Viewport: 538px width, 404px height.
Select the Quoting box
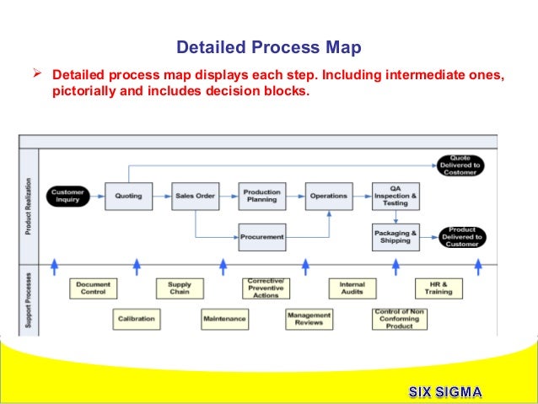[x=129, y=196]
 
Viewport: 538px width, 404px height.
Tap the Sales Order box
[x=195, y=196]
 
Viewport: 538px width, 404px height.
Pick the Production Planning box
[x=261, y=196]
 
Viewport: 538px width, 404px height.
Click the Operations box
[x=328, y=196]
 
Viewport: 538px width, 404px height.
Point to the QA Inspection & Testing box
[x=395, y=196]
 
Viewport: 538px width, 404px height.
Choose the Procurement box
[x=261, y=237]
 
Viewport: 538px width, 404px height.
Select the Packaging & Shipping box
[x=395, y=237]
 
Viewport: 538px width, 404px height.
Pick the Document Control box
[x=93, y=288]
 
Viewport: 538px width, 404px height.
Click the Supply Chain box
[x=179, y=288]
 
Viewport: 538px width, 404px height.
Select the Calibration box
[x=136, y=319]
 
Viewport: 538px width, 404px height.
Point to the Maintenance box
[x=223, y=319]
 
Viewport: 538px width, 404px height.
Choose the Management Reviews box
[x=309, y=319]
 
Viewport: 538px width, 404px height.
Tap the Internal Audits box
[x=352, y=288]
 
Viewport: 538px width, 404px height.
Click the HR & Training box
[x=438, y=288]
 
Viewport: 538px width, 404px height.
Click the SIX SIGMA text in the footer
[x=446, y=391]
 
